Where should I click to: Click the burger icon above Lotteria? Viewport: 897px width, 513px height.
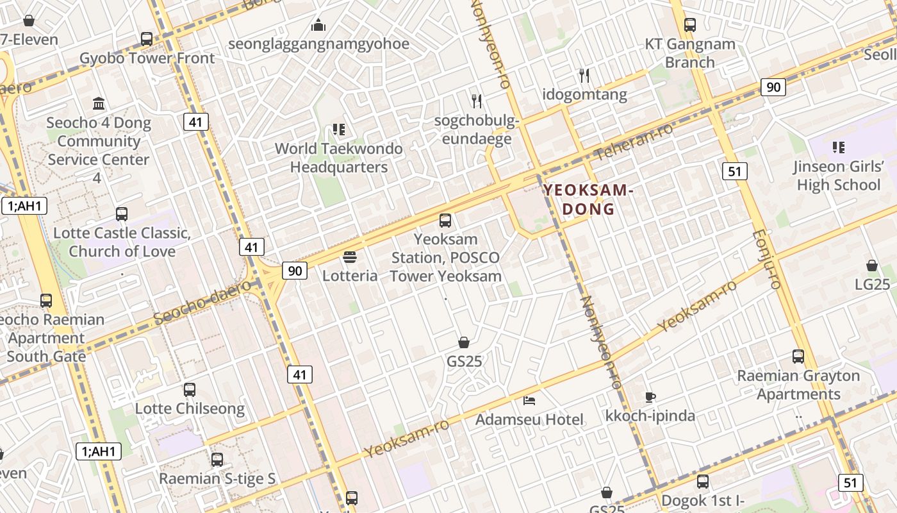pos(350,257)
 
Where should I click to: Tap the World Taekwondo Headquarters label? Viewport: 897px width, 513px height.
pos(339,158)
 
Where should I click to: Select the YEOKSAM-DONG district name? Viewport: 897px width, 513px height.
pos(588,199)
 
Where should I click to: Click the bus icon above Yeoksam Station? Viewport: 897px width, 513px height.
pos(445,221)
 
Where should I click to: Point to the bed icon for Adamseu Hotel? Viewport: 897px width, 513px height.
pos(529,401)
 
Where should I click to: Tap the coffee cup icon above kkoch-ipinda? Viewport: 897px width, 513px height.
pos(650,397)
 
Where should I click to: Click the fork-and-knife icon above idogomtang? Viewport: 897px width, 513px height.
pos(584,76)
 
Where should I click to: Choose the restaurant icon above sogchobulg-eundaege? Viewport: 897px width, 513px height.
pos(477,101)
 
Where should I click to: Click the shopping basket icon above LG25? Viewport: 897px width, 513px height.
pos(872,265)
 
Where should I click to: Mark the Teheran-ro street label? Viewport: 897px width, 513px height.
pos(634,141)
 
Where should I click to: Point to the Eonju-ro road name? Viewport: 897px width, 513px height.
pos(767,260)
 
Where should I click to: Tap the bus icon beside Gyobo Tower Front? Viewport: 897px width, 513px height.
pos(147,39)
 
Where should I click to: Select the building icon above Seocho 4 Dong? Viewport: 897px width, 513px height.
pos(99,103)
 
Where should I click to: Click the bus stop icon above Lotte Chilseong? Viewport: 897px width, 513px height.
pos(190,389)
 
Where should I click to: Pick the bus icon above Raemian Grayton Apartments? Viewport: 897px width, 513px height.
pos(798,357)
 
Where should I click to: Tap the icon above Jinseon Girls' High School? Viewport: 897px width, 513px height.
pos(838,147)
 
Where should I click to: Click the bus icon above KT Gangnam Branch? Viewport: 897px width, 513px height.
pos(690,25)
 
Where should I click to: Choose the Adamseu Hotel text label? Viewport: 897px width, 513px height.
pos(529,420)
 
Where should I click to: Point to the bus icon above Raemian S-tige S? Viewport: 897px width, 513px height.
pos(217,459)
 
